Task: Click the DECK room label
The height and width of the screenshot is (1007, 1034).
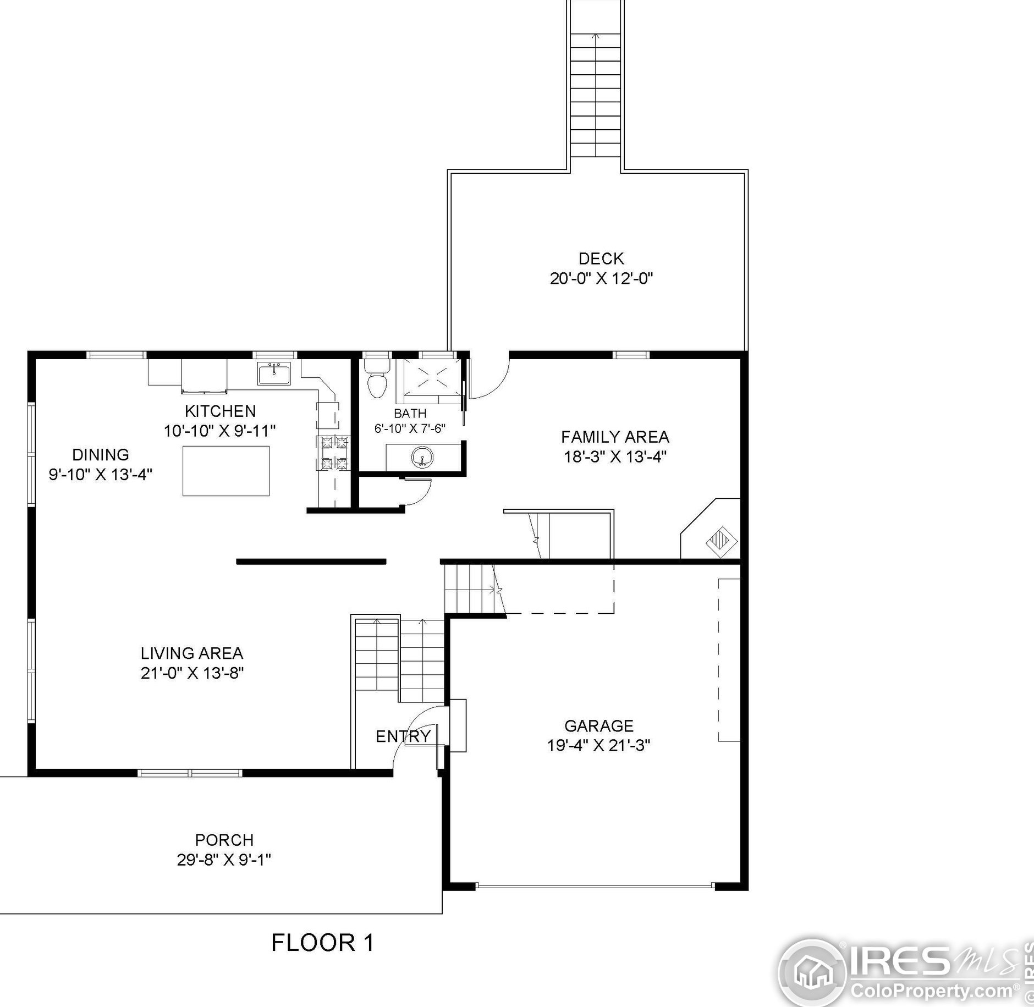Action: pyautogui.click(x=601, y=258)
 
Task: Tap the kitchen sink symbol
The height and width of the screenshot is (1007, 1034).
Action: pyautogui.click(x=274, y=373)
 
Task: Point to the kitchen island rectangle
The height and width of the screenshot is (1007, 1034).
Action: pyautogui.click(x=226, y=471)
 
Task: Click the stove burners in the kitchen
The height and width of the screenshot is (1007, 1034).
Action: pyautogui.click(x=334, y=453)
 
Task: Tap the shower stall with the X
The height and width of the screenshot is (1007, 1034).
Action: pyautogui.click(x=432, y=377)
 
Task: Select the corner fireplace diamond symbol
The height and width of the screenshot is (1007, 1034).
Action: pyautogui.click(x=722, y=542)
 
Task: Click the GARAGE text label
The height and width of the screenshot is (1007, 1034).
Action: pyautogui.click(x=599, y=726)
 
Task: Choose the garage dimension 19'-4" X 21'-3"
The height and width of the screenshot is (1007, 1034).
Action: pyautogui.click(x=599, y=745)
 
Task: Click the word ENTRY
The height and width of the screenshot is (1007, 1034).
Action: pyautogui.click(x=403, y=736)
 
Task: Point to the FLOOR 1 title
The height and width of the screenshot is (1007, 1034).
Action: pyautogui.click(x=323, y=943)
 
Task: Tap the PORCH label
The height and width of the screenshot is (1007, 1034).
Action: pyautogui.click(x=224, y=840)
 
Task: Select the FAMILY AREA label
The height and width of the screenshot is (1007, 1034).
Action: pyautogui.click(x=615, y=437)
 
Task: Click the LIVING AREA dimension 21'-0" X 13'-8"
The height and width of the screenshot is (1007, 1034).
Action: pyautogui.click(x=192, y=673)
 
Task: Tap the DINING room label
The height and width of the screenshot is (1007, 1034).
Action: pyautogui.click(x=101, y=455)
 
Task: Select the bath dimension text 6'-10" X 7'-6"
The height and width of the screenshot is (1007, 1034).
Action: pyautogui.click(x=410, y=428)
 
